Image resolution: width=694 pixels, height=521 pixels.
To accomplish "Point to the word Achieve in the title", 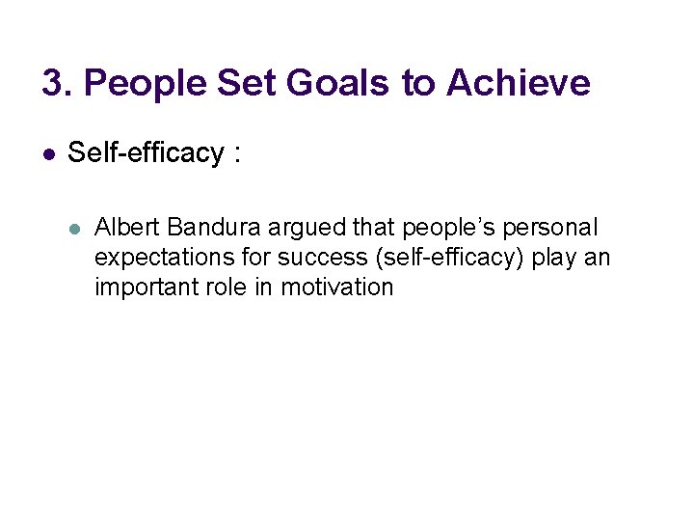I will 518,84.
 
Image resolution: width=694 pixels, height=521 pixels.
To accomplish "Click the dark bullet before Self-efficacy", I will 49,154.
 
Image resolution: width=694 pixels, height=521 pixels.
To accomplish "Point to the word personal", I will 552,230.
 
